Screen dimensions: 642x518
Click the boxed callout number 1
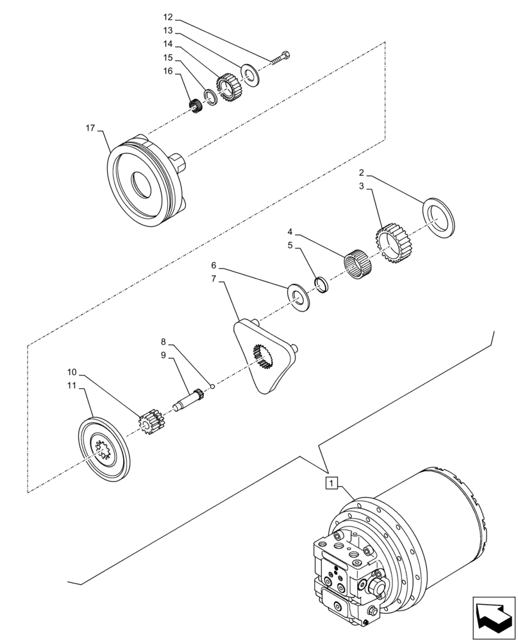[x=331, y=482]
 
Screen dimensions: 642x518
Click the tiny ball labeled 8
[x=212, y=386]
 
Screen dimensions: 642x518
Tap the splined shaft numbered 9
[x=190, y=399]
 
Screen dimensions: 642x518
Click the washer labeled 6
[x=299, y=295]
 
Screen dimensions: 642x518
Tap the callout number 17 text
[x=90, y=128]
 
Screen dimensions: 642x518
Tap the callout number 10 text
[x=72, y=372]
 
